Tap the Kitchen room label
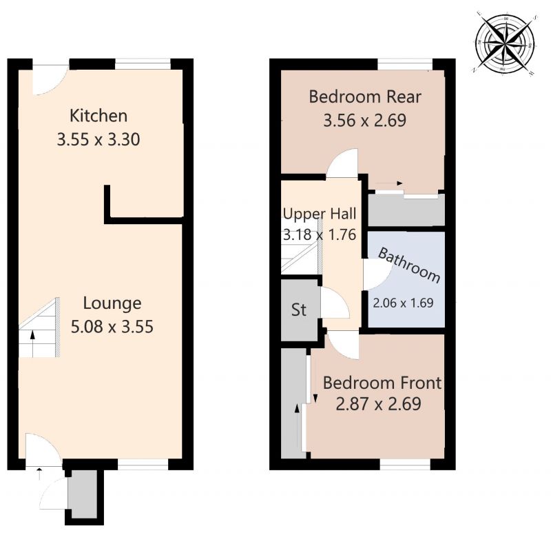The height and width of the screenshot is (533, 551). tap(98, 116)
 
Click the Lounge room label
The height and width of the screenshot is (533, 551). tap(112, 303)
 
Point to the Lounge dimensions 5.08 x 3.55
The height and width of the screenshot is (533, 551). tap(112, 326)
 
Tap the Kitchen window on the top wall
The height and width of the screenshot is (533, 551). tap(142, 64)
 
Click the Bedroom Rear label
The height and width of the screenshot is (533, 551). tap(364, 97)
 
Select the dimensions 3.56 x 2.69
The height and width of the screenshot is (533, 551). tap(364, 121)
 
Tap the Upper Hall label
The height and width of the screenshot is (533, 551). tap(319, 212)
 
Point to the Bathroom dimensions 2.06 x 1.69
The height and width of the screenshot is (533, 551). tap(403, 302)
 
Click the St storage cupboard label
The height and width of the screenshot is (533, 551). tap(298, 310)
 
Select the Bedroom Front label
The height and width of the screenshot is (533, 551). tap(382, 382)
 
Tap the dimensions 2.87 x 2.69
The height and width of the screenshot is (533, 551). tap(377, 404)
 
